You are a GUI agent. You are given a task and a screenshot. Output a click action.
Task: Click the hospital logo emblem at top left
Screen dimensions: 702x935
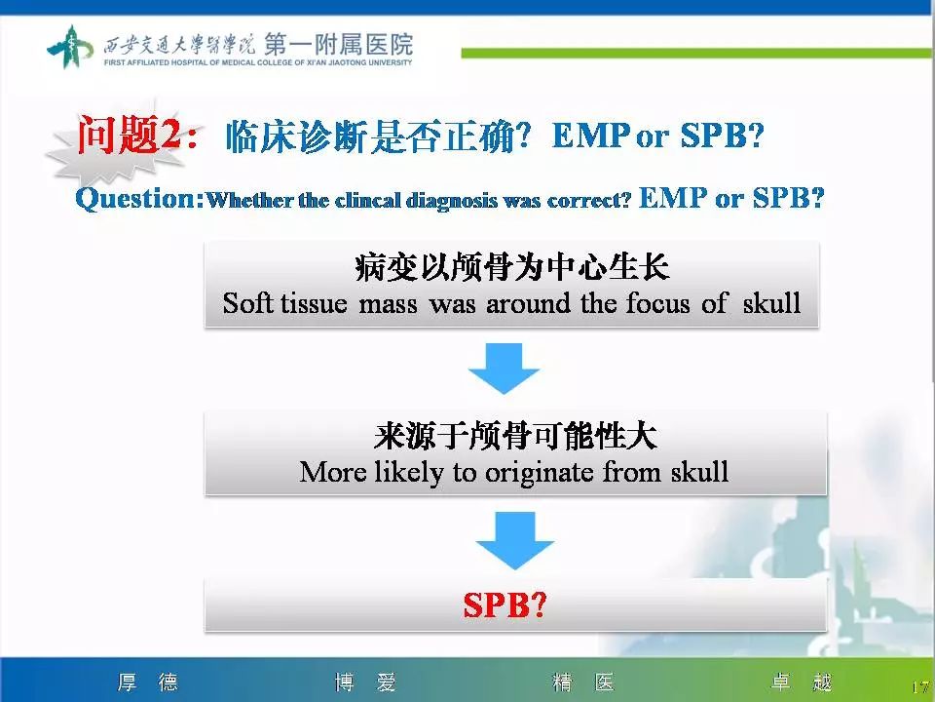click(71, 46)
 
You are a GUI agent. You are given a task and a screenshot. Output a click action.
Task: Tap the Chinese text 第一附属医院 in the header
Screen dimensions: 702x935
click(337, 43)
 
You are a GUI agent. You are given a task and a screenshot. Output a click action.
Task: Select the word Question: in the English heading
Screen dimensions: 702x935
click(140, 200)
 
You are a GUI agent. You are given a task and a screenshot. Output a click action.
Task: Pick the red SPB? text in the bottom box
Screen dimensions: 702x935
click(505, 605)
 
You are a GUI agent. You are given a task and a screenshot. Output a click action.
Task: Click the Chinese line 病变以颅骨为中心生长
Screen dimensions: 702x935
click(511, 269)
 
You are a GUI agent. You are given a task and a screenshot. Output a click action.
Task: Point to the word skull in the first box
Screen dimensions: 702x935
click(770, 303)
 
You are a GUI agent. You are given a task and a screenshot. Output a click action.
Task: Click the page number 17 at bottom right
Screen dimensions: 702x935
click(919, 688)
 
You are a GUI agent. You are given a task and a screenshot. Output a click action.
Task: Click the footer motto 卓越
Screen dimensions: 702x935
click(802, 682)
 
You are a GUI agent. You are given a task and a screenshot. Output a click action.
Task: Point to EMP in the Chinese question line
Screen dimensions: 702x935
click(590, 136)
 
